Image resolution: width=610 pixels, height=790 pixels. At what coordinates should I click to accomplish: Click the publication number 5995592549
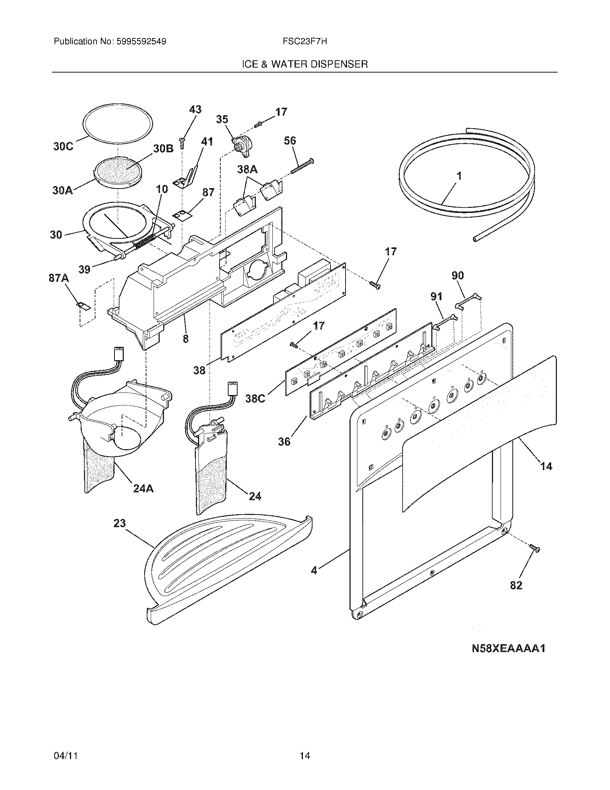point(141,42)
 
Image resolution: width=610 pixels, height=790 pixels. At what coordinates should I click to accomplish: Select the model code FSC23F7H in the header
point(305,42)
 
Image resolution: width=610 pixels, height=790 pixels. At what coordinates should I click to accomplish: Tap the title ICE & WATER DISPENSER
point(305,64)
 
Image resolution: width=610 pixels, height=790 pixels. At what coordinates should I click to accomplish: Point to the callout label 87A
point(58,278)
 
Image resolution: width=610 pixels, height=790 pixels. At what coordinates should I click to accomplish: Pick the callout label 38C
point(255,399)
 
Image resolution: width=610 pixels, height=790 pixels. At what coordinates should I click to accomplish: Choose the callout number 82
point(516,585)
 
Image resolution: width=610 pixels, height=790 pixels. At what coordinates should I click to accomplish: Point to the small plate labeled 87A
point(83,306)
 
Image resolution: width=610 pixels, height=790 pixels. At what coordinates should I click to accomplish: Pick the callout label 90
point(457,275)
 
